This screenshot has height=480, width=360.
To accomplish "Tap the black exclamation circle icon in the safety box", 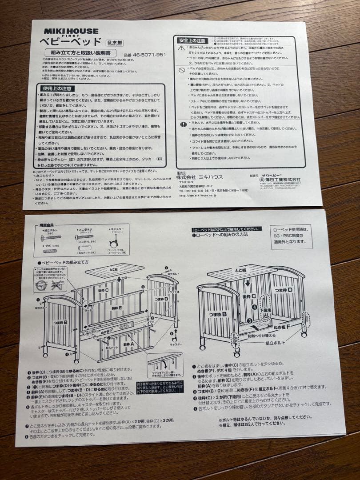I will [x=183, y=124].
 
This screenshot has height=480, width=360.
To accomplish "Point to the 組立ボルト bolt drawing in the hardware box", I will [x=51, y=238].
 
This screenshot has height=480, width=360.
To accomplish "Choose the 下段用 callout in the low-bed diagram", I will [x=266, y=308].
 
